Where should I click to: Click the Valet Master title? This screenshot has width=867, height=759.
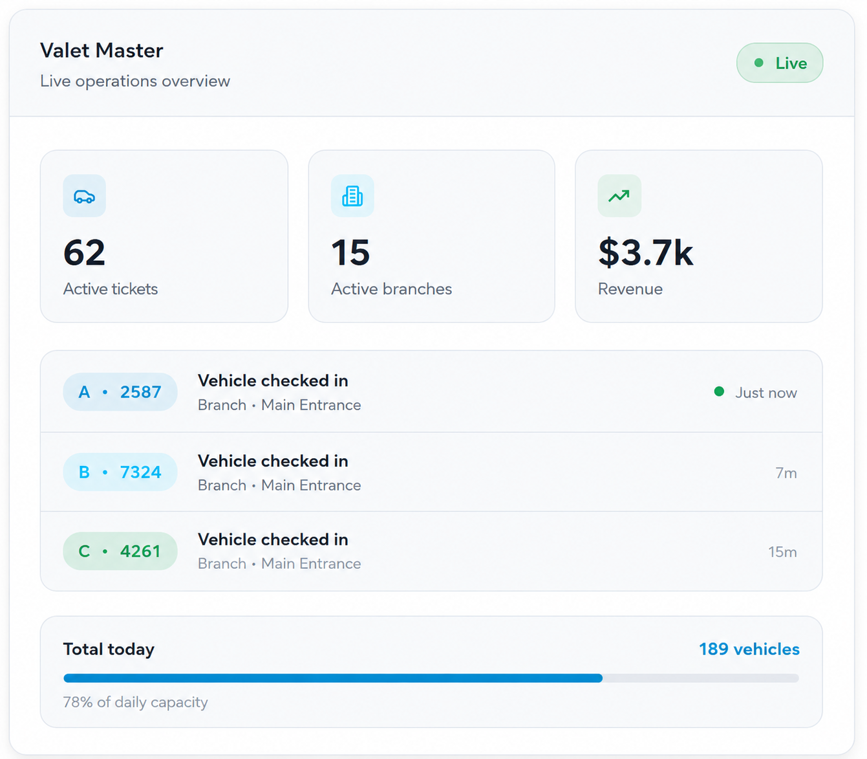102,50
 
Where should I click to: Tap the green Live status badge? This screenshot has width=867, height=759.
780,63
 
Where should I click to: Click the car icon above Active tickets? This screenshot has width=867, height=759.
84,196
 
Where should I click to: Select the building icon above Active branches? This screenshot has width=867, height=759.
352,196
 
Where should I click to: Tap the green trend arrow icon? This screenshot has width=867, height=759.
619,196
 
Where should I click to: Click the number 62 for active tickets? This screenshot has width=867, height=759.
84,253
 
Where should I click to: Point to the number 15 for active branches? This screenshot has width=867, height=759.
350,253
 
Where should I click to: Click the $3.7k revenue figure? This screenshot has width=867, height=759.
646,253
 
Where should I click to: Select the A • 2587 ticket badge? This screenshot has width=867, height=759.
120,392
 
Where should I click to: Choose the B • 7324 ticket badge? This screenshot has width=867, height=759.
120,472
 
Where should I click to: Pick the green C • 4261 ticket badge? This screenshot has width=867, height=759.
120,551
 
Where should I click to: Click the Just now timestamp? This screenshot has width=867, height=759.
766,393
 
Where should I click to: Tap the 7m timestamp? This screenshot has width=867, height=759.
786,473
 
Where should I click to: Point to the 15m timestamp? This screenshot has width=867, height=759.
783,552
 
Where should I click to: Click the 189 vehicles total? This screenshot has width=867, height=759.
749,649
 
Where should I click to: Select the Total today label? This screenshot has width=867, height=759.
109,650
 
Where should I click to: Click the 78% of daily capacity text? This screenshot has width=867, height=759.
136,702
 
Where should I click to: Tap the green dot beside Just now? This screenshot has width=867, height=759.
719,391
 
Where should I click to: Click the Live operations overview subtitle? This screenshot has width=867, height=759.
135,81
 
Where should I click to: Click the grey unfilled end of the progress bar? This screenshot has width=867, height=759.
701,678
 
